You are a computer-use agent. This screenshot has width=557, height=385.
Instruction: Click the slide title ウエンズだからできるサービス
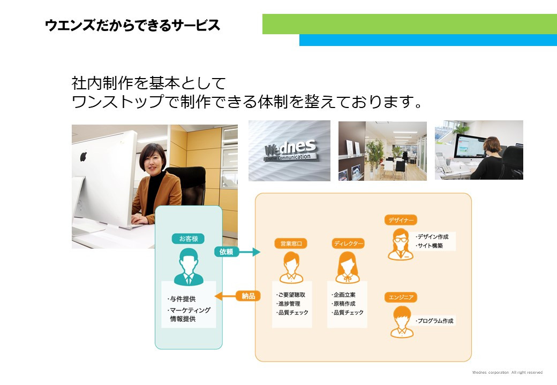click(x=132, y=25)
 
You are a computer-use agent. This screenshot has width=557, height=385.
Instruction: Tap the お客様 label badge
click(x=189, y=238)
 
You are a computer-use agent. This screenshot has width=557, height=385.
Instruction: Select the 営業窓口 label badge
click(x=291, y=243)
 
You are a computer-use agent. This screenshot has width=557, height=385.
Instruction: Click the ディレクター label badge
click(x=348, y=243)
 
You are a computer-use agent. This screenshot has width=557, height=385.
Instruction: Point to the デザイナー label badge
click(x=401, y=220)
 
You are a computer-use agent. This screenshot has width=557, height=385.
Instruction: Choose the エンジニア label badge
click(x=401, y=297)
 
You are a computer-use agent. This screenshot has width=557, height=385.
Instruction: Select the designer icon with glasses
click(x=401, y=244)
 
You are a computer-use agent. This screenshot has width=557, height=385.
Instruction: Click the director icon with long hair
click(x=348, y=267)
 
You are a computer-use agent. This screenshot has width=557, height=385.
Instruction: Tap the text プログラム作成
click(x=435, y=321)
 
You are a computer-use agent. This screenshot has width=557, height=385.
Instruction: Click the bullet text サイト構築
click(x=430, y=246)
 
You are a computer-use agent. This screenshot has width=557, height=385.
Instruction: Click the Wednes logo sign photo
click(x=289, y=150)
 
